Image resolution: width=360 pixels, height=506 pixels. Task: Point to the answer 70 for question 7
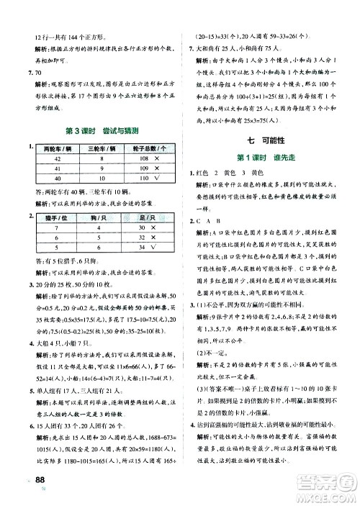[x=34, y=73]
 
